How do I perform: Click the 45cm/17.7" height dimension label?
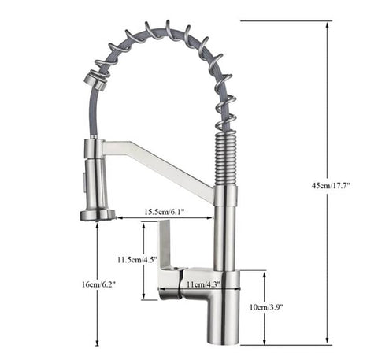330,185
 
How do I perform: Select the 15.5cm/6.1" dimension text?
165,211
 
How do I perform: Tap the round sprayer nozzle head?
98,213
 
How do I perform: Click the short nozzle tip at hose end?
94,81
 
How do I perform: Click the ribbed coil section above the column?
224,157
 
